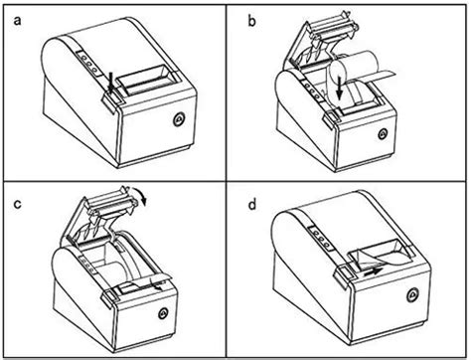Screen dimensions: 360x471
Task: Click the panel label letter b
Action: pyautogui.click(x=250, y=17)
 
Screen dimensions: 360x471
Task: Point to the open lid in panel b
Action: pyautogui.click(x=312, y=45)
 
